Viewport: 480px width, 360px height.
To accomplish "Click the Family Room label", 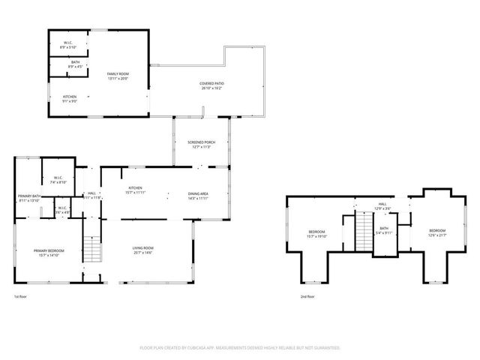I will [x=118, y=76].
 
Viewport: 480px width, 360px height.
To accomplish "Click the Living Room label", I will [x=143, y=250].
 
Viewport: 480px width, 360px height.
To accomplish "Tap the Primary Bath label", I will [x=29, y=198].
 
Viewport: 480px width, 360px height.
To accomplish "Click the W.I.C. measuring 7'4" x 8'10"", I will [x=58, y=180].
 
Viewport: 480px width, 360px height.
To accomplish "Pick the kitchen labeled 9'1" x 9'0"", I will [x=70, y=98].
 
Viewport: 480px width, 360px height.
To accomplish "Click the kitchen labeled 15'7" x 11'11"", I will [x=136, y=190].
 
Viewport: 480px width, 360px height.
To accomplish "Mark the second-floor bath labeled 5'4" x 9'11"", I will [x=384, y=230].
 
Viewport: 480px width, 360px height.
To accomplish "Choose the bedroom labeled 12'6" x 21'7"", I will [x=437, y=232].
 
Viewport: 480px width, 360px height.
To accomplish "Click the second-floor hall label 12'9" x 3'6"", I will [x=382, y=206].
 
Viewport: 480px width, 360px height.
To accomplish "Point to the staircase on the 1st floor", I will [x=91, y=248].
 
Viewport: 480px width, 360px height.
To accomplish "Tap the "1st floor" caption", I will [x=20, y=297].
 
